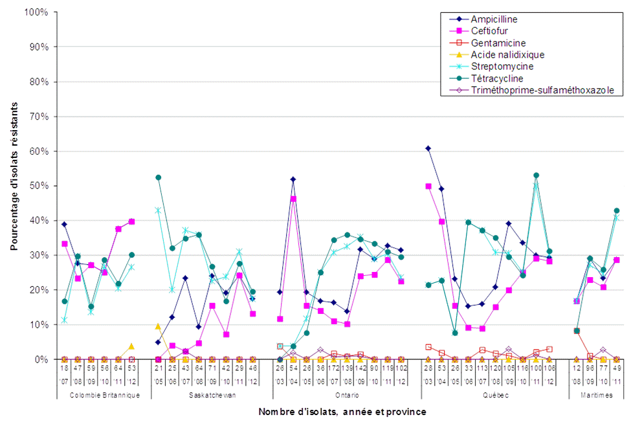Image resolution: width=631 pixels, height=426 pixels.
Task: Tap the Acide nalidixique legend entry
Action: tap(507, 55)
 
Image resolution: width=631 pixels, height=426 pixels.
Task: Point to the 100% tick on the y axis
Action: tap(38, 12)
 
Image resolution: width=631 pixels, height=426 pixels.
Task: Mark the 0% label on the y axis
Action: tap(43, 359)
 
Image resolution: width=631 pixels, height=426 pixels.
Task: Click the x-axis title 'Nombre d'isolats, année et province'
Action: tap(342, 412)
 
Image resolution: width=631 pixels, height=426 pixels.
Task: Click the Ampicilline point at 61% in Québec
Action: tap(428, 148)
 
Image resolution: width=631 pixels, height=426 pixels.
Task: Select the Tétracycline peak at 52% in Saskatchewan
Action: tap(158, 177)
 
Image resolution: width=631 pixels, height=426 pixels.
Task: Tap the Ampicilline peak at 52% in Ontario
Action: tap(293, 179)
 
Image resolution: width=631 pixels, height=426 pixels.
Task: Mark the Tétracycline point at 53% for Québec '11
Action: tap(536, 175)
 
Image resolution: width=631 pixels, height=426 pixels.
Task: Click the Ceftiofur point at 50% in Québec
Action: tap(428, 186)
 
